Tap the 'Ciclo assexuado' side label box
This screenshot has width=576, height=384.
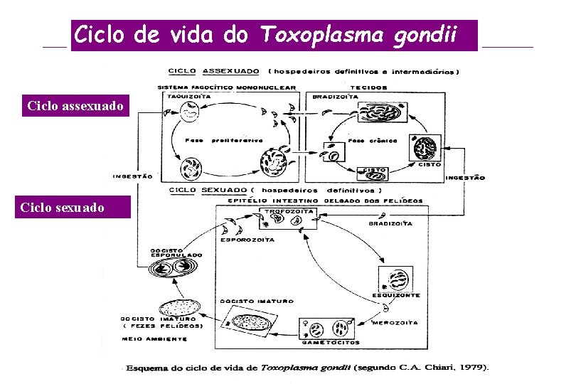click(x=75, y=107)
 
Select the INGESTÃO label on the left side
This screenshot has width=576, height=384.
click(x=132, y=176)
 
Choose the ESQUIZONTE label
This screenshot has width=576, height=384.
click(x=396, y=294)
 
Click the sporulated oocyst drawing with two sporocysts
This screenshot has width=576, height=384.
click(x=173, y=268)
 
